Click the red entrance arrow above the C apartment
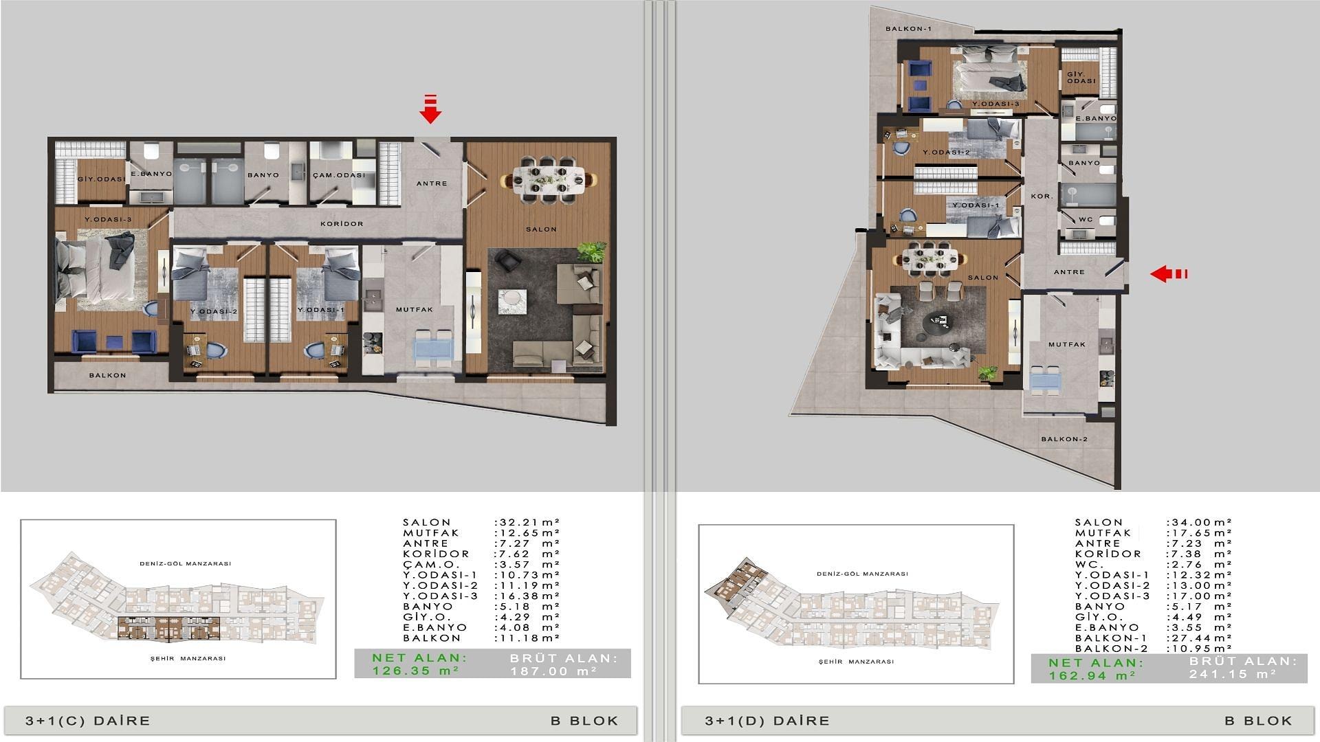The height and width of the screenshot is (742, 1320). point(430,109)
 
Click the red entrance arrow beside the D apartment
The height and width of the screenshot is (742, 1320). point(1169,274)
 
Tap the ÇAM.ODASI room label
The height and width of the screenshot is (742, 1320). point(339,175)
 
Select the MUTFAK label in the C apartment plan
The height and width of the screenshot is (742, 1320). point(415,310)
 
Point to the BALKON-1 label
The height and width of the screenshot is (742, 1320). point(908,29)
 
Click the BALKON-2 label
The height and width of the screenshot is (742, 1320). point(1064,439)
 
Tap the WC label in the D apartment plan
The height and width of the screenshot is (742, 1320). point(1086,220)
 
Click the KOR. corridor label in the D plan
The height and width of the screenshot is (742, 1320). point(1042,196)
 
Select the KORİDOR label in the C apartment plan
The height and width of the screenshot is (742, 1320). point(342,224)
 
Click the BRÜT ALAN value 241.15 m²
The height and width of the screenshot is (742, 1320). point(1233,675)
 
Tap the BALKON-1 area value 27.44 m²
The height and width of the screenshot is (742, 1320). point(1200,638)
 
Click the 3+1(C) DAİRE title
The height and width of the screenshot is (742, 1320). point(88,721)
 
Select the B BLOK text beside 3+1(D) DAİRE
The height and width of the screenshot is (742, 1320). point(1259,721)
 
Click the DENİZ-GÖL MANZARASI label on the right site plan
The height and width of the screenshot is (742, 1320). point(862,574)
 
